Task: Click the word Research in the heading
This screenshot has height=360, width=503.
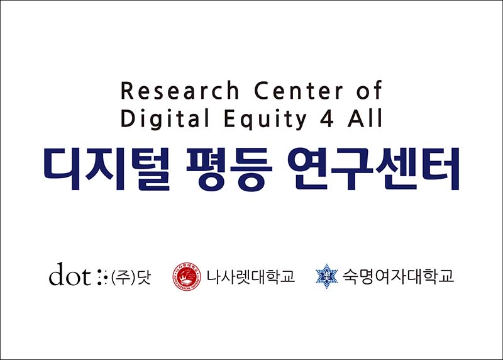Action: click(x=180, y=90)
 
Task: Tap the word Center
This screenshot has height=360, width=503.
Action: click(x=299, y=90)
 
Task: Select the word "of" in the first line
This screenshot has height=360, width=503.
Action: click(x=369, y=89)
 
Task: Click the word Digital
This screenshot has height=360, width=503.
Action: click(x=165, y=118)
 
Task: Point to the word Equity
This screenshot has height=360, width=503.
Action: click(x=265, y=119)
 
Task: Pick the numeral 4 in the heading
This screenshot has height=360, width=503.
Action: click(x=327, y=118)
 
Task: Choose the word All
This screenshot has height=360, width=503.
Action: click(x=365, y=118)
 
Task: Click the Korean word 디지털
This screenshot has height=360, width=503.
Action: click(x=107, y=169)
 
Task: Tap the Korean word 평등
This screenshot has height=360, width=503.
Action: click(x=229, y=169)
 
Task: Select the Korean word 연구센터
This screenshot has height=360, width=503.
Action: click(x=373, y=169)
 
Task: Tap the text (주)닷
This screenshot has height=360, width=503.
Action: click(x=131, y=277)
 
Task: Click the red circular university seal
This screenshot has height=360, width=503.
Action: click(x=187, y=277)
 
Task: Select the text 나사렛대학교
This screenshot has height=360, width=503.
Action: click(x=250, y=276)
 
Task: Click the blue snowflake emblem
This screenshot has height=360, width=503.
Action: click(x=326, y=276)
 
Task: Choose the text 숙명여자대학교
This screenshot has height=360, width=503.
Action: click(x=398, y=276)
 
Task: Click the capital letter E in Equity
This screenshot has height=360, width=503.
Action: click(x=229, y=118)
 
